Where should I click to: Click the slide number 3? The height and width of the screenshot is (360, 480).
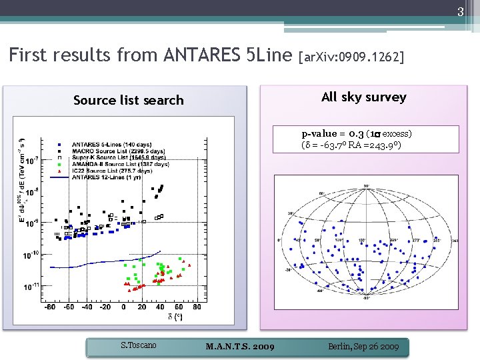pos(460,11)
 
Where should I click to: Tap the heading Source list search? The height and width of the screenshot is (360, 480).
pos(128,100)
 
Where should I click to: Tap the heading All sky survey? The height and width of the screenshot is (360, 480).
pos(363,97)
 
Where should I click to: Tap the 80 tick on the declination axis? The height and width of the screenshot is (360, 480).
pos(197,307)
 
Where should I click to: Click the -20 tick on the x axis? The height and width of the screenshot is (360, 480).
pos(105,307)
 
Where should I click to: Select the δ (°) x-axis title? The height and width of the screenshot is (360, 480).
pos(175,317)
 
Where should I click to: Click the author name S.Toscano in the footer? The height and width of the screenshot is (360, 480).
pos(138,345)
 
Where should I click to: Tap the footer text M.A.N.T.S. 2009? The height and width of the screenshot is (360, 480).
pos(240,347)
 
